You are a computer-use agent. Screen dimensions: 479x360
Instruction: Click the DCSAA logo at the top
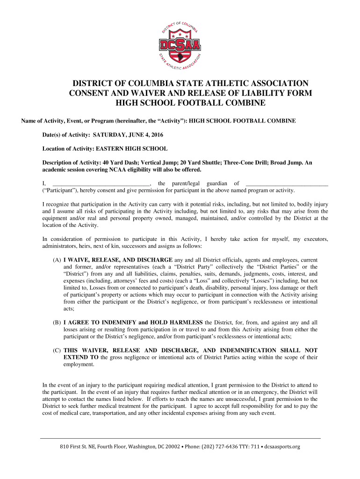tap(180, 43)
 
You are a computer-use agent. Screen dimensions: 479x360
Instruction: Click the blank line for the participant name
tap(287, 183)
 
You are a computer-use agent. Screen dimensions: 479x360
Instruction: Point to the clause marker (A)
tap(57, 260)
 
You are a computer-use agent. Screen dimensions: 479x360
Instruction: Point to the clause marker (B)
tap(57, 322)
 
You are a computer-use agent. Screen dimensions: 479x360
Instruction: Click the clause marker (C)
tap(57, 350)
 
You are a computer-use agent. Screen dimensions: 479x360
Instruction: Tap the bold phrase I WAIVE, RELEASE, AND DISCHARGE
tap(118, 260)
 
